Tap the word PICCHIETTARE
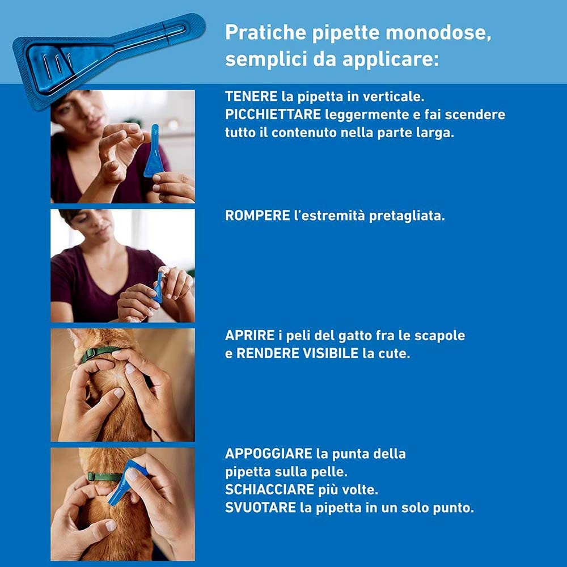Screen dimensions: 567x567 pos(274,115)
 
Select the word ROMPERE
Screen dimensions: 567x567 pos(257,217)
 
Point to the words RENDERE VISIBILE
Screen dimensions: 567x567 pos(297,354)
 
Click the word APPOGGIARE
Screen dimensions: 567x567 pos(269,454)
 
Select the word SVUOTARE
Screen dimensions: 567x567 pos(260,507)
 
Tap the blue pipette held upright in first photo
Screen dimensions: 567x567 pos(154,152)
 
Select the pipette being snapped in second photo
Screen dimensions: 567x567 pos(158,286)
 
